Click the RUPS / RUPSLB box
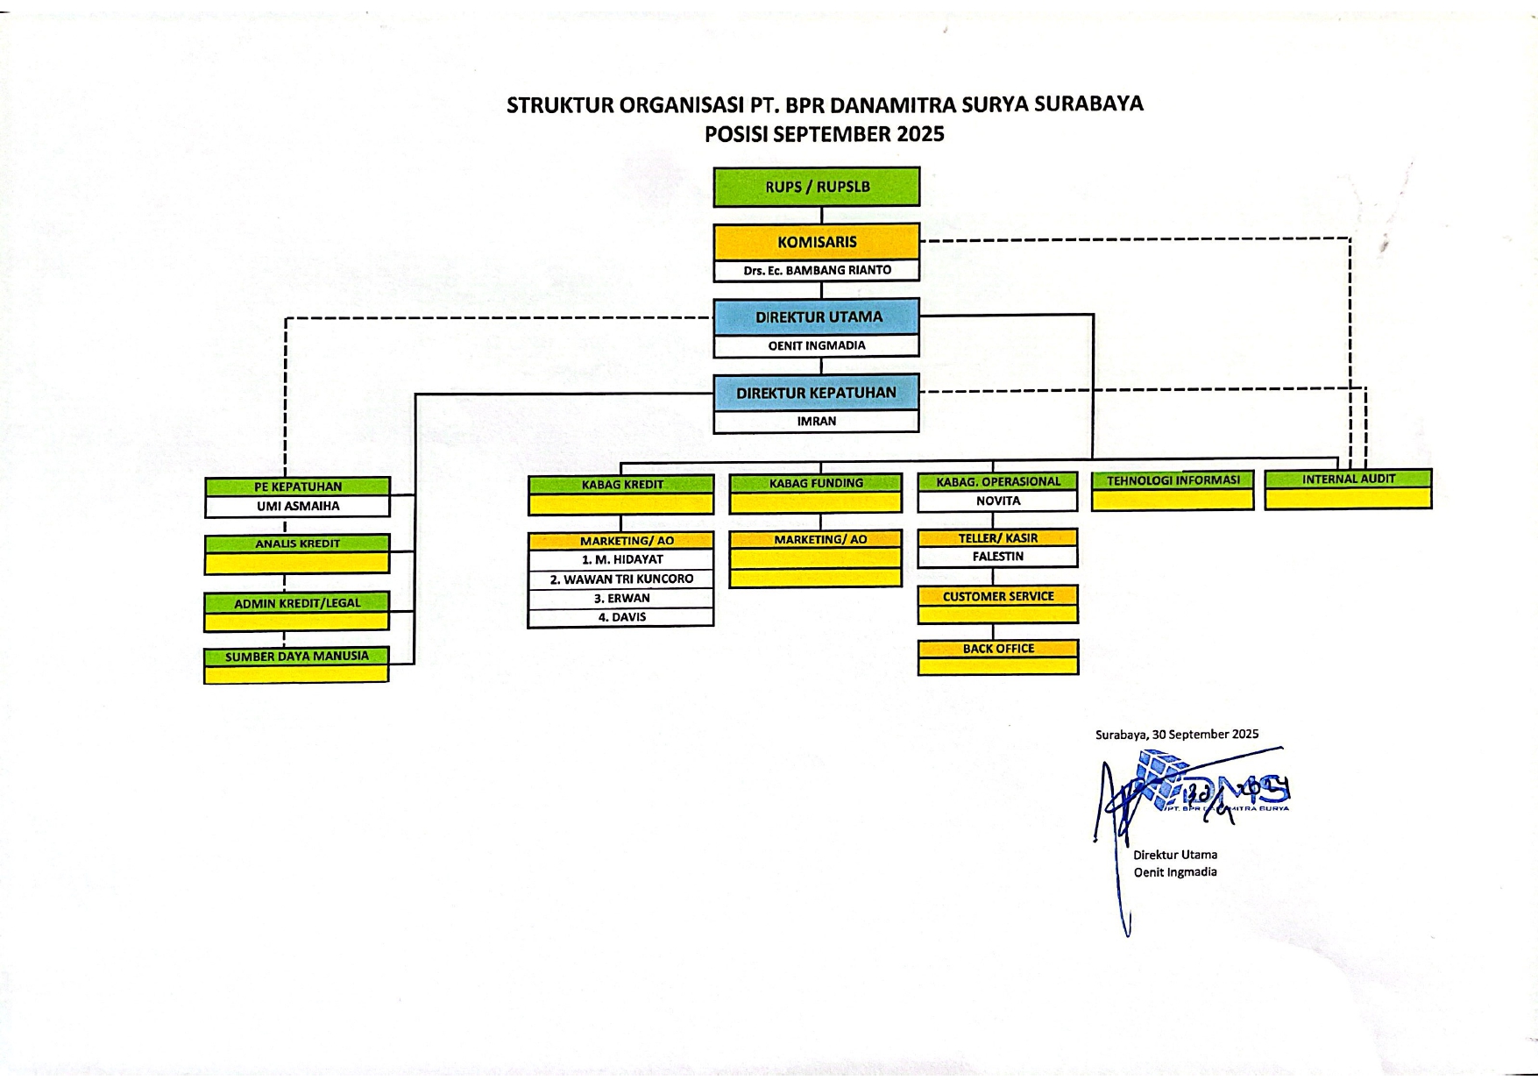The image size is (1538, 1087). [x=817, y=187]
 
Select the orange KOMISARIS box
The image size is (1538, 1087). [x=817, y=242]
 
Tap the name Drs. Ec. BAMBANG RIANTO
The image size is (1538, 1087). [x=817, y=270]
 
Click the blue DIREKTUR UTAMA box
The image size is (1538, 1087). [x=817, y=317]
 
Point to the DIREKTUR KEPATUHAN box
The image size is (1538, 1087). [x=817, y=393]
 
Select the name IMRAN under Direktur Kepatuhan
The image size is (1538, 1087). [x=817, y=421]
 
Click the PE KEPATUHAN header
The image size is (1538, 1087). [x=297, y=487]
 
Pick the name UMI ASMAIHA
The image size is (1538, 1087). [x=297, y=506]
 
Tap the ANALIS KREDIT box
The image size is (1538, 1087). [x=297, y=543]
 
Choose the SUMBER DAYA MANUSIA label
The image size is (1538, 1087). [x=297, y=656]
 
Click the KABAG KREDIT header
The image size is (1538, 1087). [x=621, y=484]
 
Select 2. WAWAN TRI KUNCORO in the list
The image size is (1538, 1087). [x=621, y=579]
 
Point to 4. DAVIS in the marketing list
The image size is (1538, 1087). [x=621, y=617]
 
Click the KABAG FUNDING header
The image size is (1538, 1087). [x=816, y=483]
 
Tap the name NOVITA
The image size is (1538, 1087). [x=997, y=501]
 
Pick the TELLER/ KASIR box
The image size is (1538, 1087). [x=997, y=538]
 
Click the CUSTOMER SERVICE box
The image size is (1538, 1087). [x=998, y=596]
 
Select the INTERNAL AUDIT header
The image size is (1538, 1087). [x=1348, y=480]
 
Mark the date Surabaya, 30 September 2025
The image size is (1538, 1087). [x=1176, y=735]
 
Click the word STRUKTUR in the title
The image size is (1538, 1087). [x=560, y=105]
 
